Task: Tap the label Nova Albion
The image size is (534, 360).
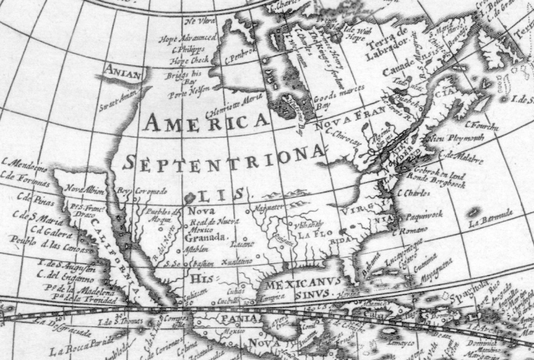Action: click(x=81, y=189)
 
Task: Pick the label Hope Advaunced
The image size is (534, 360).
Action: click(x=189, y=36)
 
